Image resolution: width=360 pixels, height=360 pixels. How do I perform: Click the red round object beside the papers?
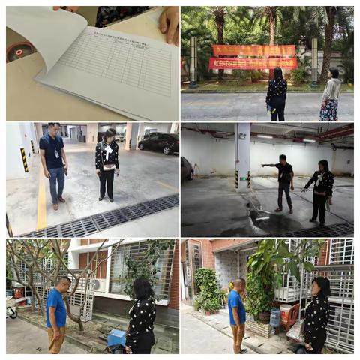[18, 51]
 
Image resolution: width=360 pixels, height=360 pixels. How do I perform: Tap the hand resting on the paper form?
[169, 22]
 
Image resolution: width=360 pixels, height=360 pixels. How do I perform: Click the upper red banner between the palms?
[253, 50]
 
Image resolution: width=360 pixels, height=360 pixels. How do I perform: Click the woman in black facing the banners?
[276, 94]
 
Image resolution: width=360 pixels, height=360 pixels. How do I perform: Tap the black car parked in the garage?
[158, 142]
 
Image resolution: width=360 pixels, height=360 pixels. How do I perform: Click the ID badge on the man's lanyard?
[56, 154]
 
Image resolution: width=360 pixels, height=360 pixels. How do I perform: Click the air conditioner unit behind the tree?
[97, 284]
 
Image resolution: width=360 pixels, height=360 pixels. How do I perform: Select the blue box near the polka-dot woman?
[116, 338]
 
